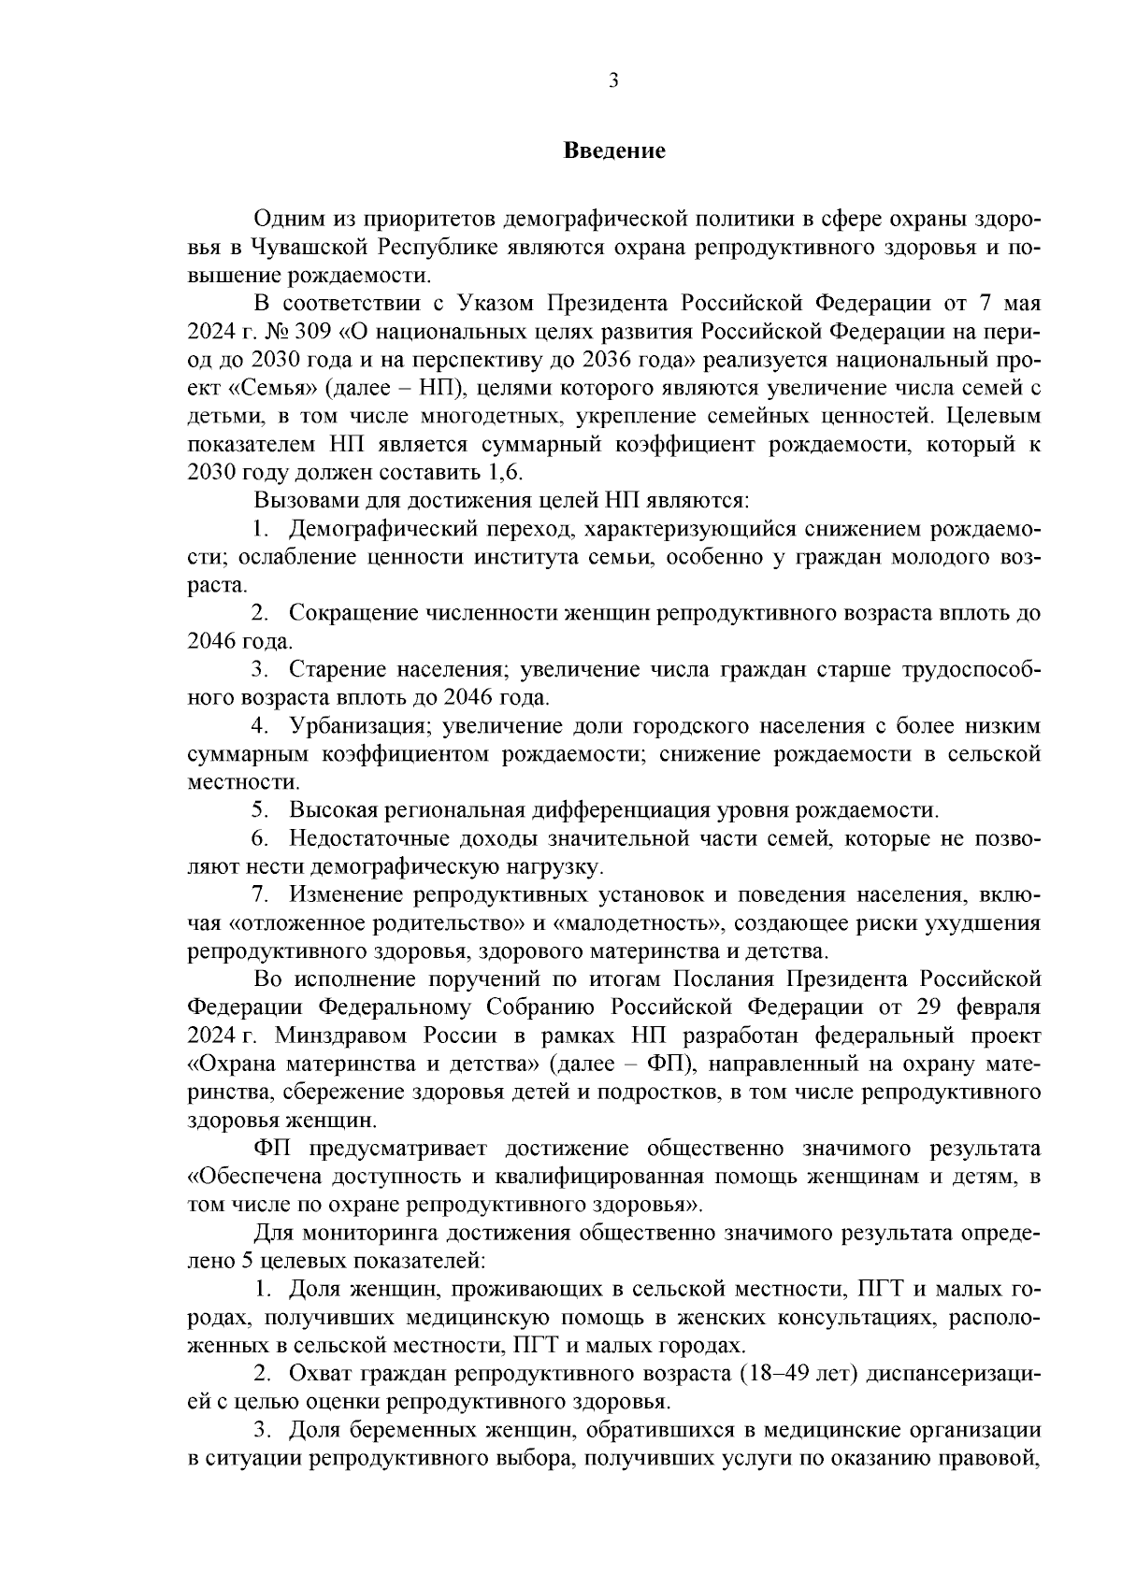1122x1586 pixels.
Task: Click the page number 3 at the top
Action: pos(613,81)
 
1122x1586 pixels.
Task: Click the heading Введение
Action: pos(614,150)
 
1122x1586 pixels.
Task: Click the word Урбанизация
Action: pos(358,726)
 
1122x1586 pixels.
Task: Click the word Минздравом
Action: pos(337,1036)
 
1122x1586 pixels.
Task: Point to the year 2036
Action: pos(611,360)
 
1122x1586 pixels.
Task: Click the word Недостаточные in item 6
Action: pos(369,838)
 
